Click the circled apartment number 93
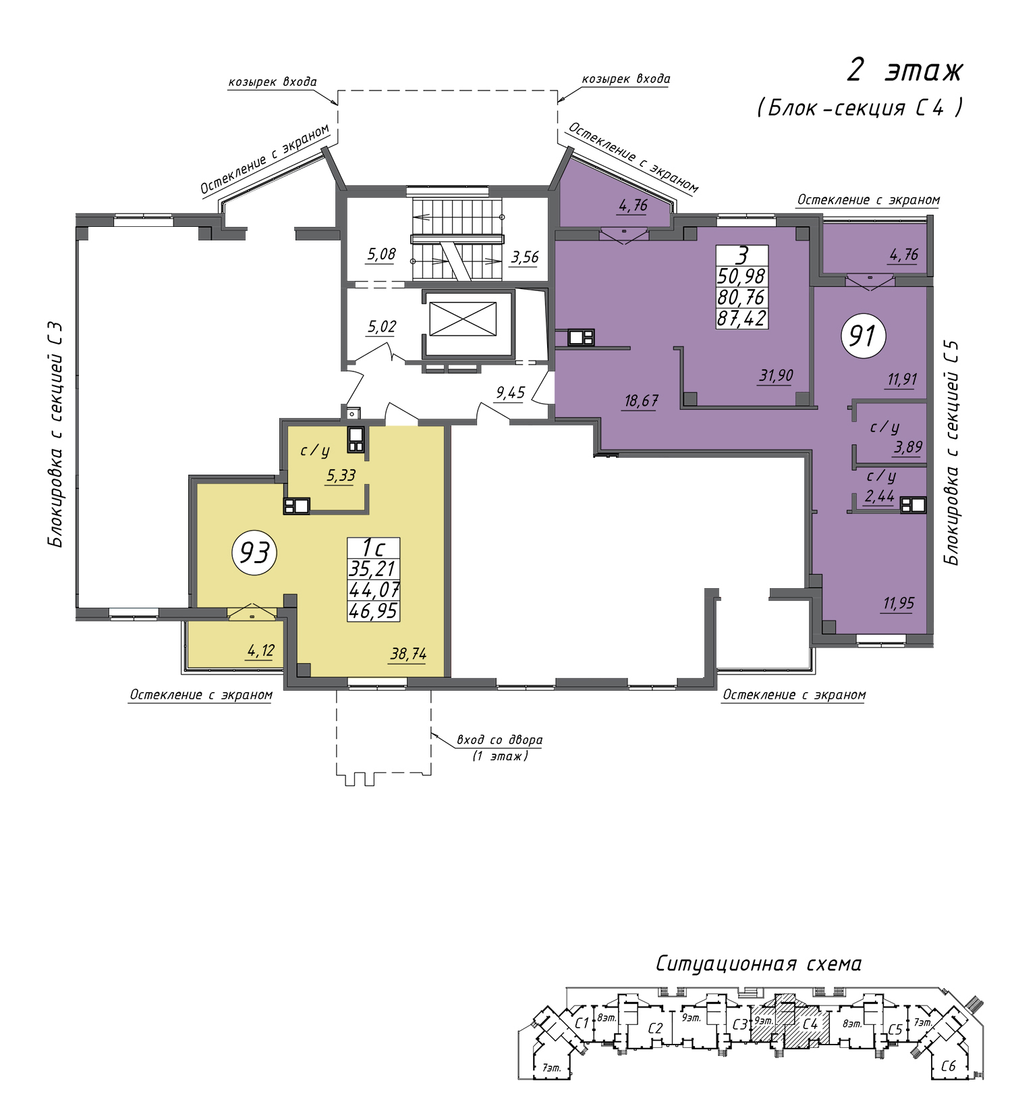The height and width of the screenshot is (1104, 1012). coord(255,553)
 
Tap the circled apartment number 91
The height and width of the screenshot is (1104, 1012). coord(863,335)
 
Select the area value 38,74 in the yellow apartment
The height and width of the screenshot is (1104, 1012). coord(408,654)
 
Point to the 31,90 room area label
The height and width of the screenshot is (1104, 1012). coord(776,375)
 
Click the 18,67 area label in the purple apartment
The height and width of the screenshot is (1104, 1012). coord(640,401)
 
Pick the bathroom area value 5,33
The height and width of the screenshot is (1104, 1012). coord(341,475)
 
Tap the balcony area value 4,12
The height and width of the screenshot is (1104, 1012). coord(260,651)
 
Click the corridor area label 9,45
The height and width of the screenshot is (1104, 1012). coord(510,392)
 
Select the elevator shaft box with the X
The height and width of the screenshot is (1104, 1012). coord(463,319)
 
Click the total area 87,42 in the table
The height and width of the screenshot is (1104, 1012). coord(742,318)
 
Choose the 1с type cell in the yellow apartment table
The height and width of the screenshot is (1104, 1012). coord(373,548)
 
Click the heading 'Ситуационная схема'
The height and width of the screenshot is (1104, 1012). coord(758,964)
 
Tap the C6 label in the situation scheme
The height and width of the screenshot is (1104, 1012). coord(948,1066)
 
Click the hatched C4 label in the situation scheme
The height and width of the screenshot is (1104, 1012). coord(810,1024)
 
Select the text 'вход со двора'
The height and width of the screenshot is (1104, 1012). coord(499,739)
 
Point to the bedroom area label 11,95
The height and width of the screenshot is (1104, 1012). coord(899,603)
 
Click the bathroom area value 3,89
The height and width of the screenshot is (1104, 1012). coord(908,447)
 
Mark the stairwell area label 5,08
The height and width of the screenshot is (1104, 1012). coord(381,255)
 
